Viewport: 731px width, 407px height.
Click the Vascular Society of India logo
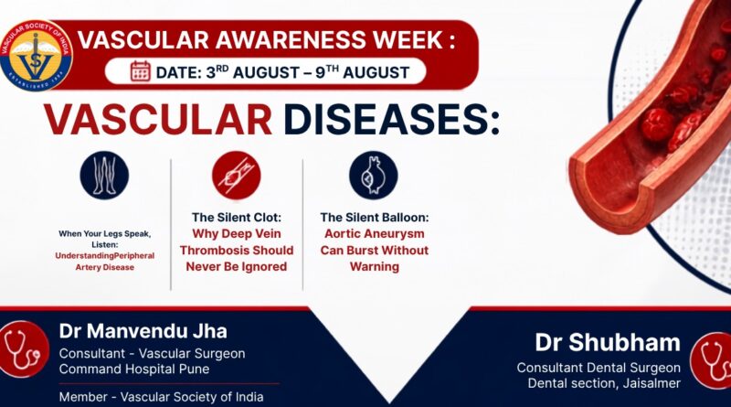click(36, 55)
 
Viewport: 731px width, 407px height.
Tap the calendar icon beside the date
click(141, 71)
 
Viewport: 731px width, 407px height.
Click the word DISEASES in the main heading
click(392, 119)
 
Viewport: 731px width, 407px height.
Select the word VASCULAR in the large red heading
click(157, 119)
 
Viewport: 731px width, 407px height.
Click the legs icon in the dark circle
click(104, 176)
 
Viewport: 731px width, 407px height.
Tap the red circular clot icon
click(237, 176)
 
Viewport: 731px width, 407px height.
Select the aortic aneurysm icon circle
click(374, 176)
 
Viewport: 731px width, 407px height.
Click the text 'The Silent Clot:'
click(237, 218)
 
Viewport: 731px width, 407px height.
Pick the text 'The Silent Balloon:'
click(375, 218)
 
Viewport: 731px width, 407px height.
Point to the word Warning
click(375, 267)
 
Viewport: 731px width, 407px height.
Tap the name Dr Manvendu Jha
click(143, 331)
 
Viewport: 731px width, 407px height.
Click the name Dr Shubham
click(608, 343)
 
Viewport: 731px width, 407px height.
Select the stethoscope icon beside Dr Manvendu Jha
click(24, 348)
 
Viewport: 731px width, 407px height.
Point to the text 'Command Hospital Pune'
click(134, 370)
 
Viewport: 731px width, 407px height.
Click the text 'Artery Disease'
click(105, 267)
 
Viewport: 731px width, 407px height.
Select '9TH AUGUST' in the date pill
click(362, 72)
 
